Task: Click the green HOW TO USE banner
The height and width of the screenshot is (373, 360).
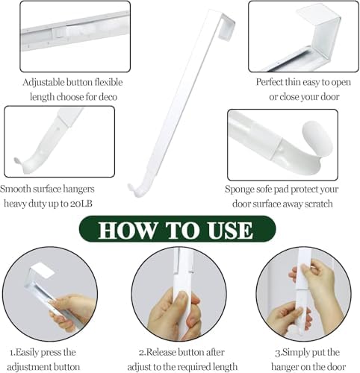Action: point(179,229)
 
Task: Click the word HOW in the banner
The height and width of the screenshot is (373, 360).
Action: point(126,230)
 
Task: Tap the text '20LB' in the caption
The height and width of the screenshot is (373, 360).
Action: point(87,204)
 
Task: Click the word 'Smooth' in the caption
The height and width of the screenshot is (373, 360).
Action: point(19,189)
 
